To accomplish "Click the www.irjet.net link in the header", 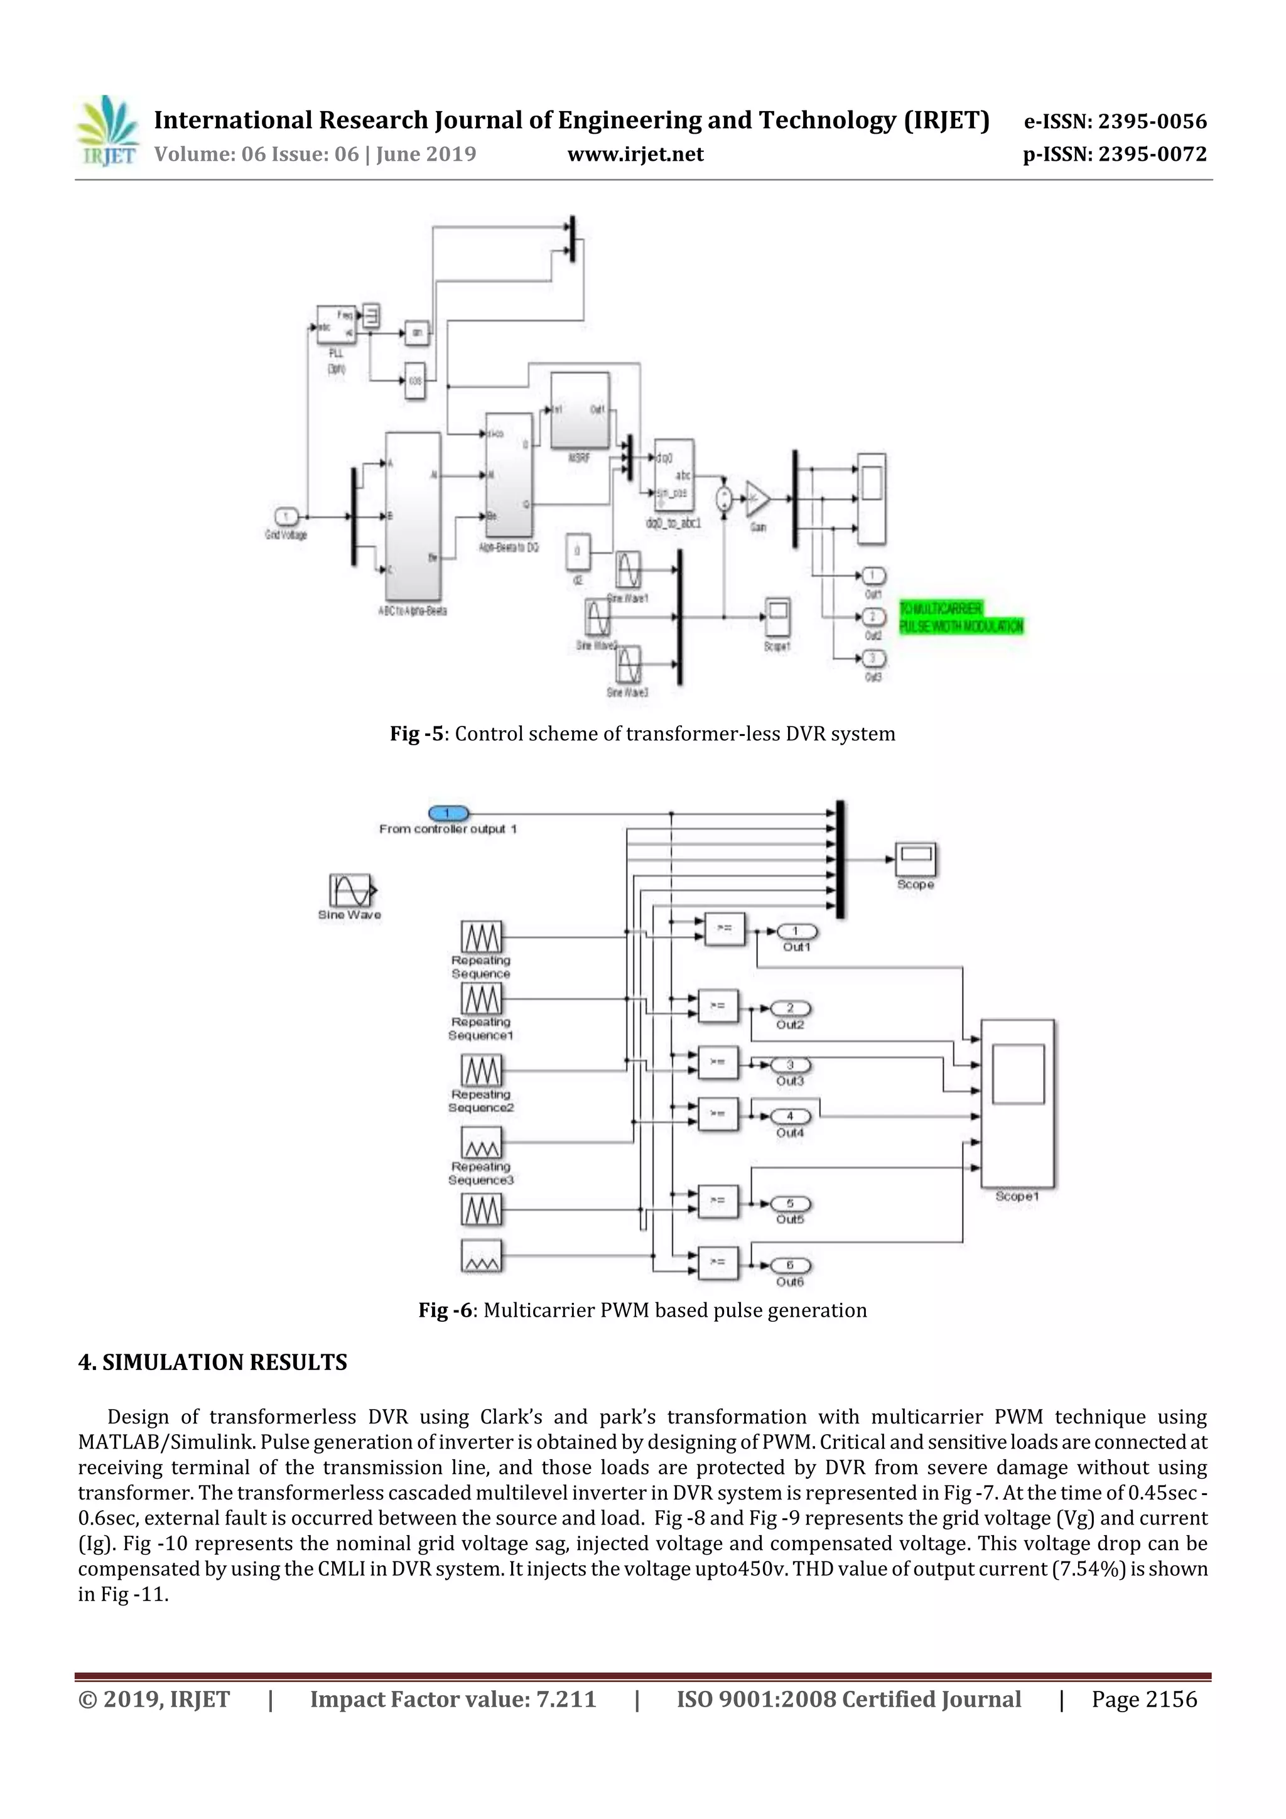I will (x=635, y=154).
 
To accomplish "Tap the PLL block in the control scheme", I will (x=336, y=324).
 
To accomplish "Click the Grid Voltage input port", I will (x=286, y=517).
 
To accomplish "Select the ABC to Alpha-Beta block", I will (x=413, y=517).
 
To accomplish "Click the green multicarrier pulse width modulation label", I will (x=960, y=617).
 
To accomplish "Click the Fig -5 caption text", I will (x=642, y=733).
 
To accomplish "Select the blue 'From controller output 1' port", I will (x=448, y=814).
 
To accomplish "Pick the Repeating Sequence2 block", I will (x=481, y=1071).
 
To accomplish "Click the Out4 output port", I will (x=789, y=1116).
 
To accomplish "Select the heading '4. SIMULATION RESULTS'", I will (x=212, y=1363).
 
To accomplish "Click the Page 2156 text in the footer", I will (x=1144, y=1699).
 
